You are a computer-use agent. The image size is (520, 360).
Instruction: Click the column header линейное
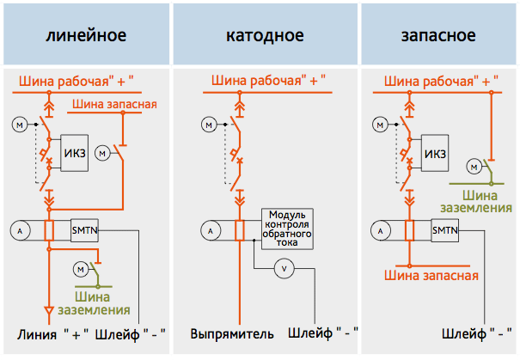[x=86, y=34]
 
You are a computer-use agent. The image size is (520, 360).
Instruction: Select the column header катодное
[x=265, y=34]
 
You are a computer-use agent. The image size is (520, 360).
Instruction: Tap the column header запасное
[x=438, y=34]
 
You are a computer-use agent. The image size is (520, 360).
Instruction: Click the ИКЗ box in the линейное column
[x=75, y=153]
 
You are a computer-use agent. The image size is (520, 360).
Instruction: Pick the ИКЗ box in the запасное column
[x=435, y=153]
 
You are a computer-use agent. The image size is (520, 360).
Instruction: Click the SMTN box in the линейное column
[x=84, y=230]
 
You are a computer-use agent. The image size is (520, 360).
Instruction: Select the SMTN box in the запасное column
[x=445, y=230]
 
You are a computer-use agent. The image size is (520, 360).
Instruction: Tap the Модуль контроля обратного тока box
[x=287, y=229]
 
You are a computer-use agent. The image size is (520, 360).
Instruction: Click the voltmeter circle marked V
[x=284, y=269]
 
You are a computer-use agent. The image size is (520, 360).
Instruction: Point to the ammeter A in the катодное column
[x=211, y=230]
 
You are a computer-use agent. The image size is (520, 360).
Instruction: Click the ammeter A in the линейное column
[x=20, y=230]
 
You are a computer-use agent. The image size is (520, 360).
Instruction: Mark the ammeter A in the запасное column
[x=381, y=230]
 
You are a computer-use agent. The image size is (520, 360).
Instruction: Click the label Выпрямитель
[x=232, y=334]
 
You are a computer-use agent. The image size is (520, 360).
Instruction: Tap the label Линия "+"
[x=53, y=334]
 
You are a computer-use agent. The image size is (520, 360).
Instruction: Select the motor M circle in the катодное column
[x=209, y=125]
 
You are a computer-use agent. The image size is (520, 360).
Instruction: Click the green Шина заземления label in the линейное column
[x=94, y=303]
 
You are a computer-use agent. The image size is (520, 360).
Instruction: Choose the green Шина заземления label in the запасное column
[x=476, y=202]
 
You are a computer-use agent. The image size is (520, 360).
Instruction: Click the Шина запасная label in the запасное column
[x=431, y=276]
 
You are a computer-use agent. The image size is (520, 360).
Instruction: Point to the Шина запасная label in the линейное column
[x=114, y=104]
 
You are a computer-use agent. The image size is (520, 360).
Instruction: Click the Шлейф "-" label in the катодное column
[x=323, y=333]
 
